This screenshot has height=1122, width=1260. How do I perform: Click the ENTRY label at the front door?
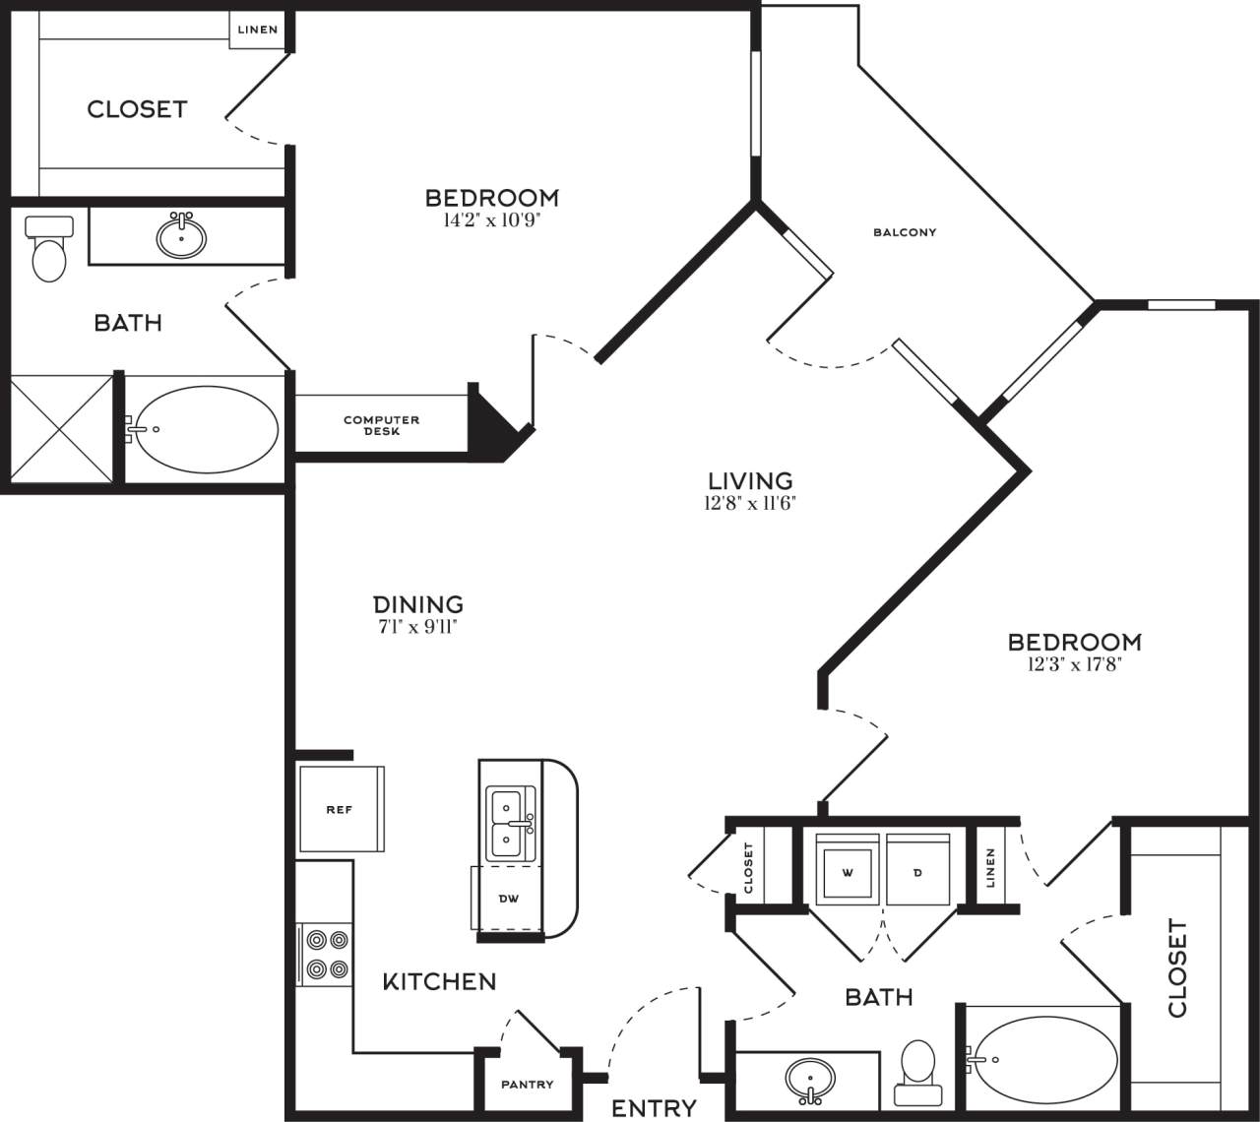click(x=654, y=1108)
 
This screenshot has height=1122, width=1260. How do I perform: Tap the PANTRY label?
click(x=527, y=1085)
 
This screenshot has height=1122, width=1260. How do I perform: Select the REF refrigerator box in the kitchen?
click(x=340, y=810)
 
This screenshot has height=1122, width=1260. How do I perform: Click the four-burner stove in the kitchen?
click(x=326, y=954)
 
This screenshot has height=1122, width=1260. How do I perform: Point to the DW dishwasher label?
click(x=508, y=898)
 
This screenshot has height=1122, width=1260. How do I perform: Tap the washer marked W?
click(x=847, y=871)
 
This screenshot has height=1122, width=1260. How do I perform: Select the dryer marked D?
click(x=917, y=871)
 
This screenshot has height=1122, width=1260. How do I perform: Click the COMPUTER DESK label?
click(x=381, y=425)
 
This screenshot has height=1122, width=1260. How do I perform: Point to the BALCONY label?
click(x=905, y=232)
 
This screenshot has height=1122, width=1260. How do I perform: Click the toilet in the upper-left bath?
click(x=48, y=250)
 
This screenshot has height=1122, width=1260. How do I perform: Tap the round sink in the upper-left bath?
click(x=181, y=236)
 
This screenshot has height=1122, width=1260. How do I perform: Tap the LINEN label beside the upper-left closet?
click(x=258, y=30)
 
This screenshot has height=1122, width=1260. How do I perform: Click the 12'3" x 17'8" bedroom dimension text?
click(x=1074, y=664)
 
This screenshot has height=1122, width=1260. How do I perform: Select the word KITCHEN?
click(x=439, y=981)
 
